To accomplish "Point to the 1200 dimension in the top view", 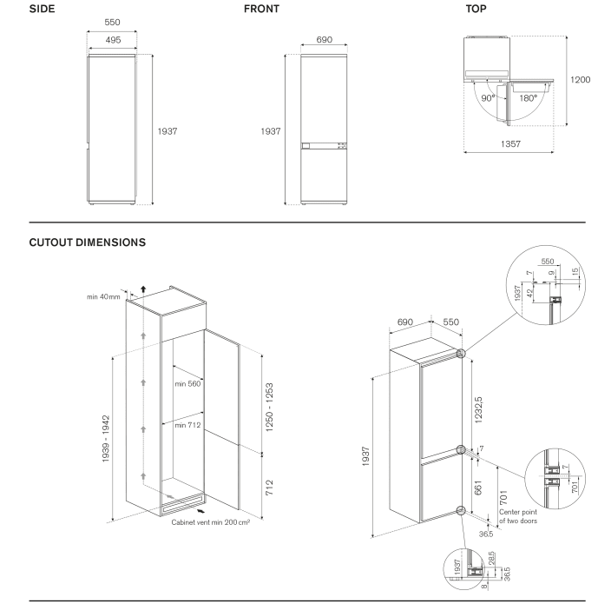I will [x=581, y=80].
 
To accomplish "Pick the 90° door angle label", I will [x=488, y=98].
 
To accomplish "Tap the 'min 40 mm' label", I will [x=103, y=297].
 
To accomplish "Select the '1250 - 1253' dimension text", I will [x=270, y=408].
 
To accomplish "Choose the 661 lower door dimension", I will [x=478, y=488].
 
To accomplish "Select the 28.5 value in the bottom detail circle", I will [x=491, y=557].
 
